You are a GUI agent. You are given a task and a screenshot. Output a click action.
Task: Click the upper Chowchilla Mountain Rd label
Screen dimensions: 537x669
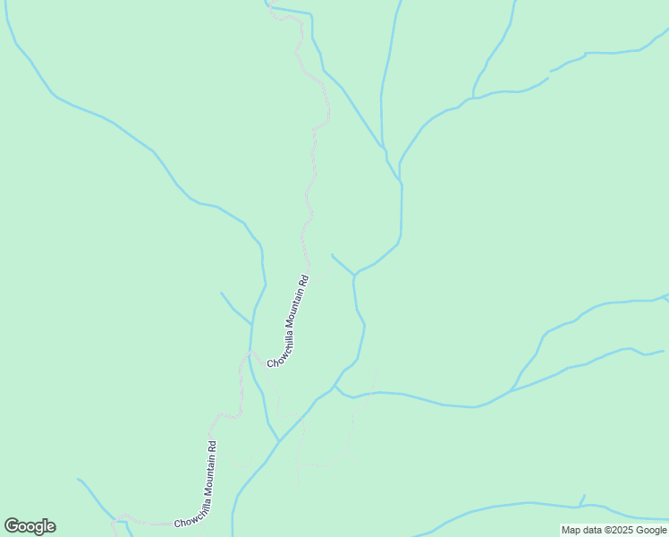pyautogui.click(x=289, y=320)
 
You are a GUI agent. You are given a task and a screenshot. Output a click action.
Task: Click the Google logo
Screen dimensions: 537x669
pyautogui.click(x=30, y=526)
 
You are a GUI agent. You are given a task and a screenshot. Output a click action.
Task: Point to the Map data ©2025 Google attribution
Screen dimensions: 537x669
pyautogui.click(x=614, y=530)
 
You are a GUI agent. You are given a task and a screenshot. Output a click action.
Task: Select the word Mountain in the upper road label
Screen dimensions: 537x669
pyautogui.click(x=293, y=311)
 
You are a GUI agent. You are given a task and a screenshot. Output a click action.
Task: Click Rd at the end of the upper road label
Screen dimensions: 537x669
pyautogui.click(x=304, y=279)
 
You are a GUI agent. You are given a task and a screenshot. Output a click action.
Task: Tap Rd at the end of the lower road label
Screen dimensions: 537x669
pyautogui.click(x=213, y=445)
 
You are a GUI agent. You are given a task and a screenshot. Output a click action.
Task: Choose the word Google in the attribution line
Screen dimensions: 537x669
pyautogui.click(x=650, y=530)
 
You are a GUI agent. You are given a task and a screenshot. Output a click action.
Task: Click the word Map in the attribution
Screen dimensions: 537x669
pyautogui.click(x=571, y=530)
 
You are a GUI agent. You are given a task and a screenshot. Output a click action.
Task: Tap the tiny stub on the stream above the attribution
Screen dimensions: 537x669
pyautogui.click(x=583, y=498)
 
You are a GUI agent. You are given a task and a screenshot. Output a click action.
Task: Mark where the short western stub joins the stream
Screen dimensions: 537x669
pyautogui.click(x=251, y=324)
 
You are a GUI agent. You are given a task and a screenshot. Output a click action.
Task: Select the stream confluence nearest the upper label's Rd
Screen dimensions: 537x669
pyautogui.click(x=355, y=274)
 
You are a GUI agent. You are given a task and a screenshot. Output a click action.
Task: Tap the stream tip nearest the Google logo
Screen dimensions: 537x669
pyautogui.click(x=79, y=479)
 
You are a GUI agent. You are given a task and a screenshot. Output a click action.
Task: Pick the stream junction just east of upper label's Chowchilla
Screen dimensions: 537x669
pyautogui.click(x=334, y=388)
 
